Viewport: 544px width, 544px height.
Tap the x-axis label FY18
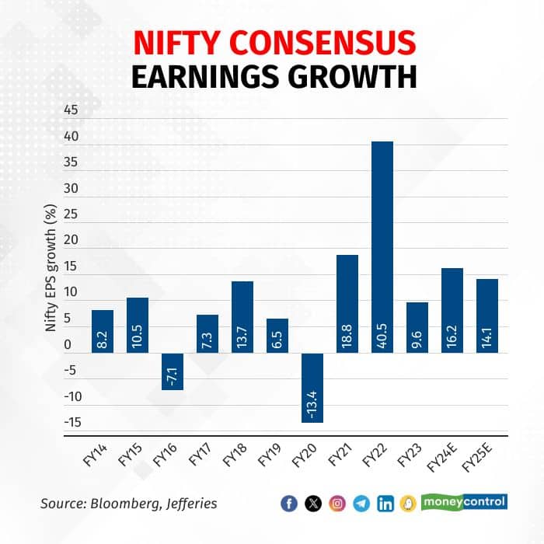(233, 459)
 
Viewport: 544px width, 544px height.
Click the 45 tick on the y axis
(71, 110)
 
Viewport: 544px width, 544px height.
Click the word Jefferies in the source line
(190, 504)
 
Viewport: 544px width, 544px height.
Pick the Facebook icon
(289, 504)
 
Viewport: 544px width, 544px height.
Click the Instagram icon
(337, 504)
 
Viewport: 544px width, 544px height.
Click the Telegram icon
(361, 504)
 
